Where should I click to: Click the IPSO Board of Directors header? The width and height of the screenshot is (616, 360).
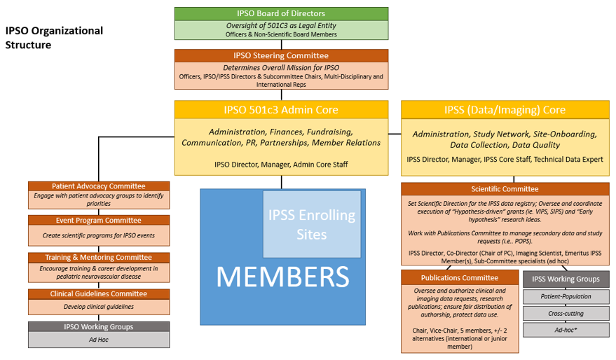(x=281, y=14)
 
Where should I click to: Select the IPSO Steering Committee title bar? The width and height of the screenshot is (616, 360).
(x=281, y=56)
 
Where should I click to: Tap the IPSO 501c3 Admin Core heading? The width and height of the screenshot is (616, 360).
(x=281, y=109)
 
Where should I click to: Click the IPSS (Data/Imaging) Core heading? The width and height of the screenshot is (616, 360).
(x=505, y=109)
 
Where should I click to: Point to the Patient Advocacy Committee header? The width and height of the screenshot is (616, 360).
(x=99, y=186)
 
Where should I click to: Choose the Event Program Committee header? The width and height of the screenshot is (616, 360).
(x=99, y=220)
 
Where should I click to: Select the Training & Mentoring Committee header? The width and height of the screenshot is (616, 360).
(x=99, y=258)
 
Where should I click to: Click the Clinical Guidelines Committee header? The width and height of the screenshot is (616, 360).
(x=99, y=294)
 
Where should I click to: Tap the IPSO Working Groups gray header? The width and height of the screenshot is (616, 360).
(x=99, y=326)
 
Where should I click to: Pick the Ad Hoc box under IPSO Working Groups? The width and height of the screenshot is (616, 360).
(x=99, y=340)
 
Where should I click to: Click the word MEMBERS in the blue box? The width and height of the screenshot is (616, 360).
(x=282, y=277)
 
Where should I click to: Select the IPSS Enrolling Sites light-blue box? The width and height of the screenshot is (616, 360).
(x=312, y=224)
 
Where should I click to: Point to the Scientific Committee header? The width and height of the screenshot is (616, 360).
(x=505, y=189)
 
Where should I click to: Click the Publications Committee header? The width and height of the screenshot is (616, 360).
(x=460, y=278)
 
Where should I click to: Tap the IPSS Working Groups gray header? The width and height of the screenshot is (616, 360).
(x=566, y=279)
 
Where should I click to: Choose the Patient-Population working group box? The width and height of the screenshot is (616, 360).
(x=566, y=296)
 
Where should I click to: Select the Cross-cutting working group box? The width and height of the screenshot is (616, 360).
(x=566, y=313)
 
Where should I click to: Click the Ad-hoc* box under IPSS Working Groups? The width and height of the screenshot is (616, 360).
(x=566, y=330)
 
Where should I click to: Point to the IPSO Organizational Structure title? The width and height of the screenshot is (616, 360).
(x=54, y=38)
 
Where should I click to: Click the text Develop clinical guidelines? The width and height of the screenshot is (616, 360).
(x=99, y=307)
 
